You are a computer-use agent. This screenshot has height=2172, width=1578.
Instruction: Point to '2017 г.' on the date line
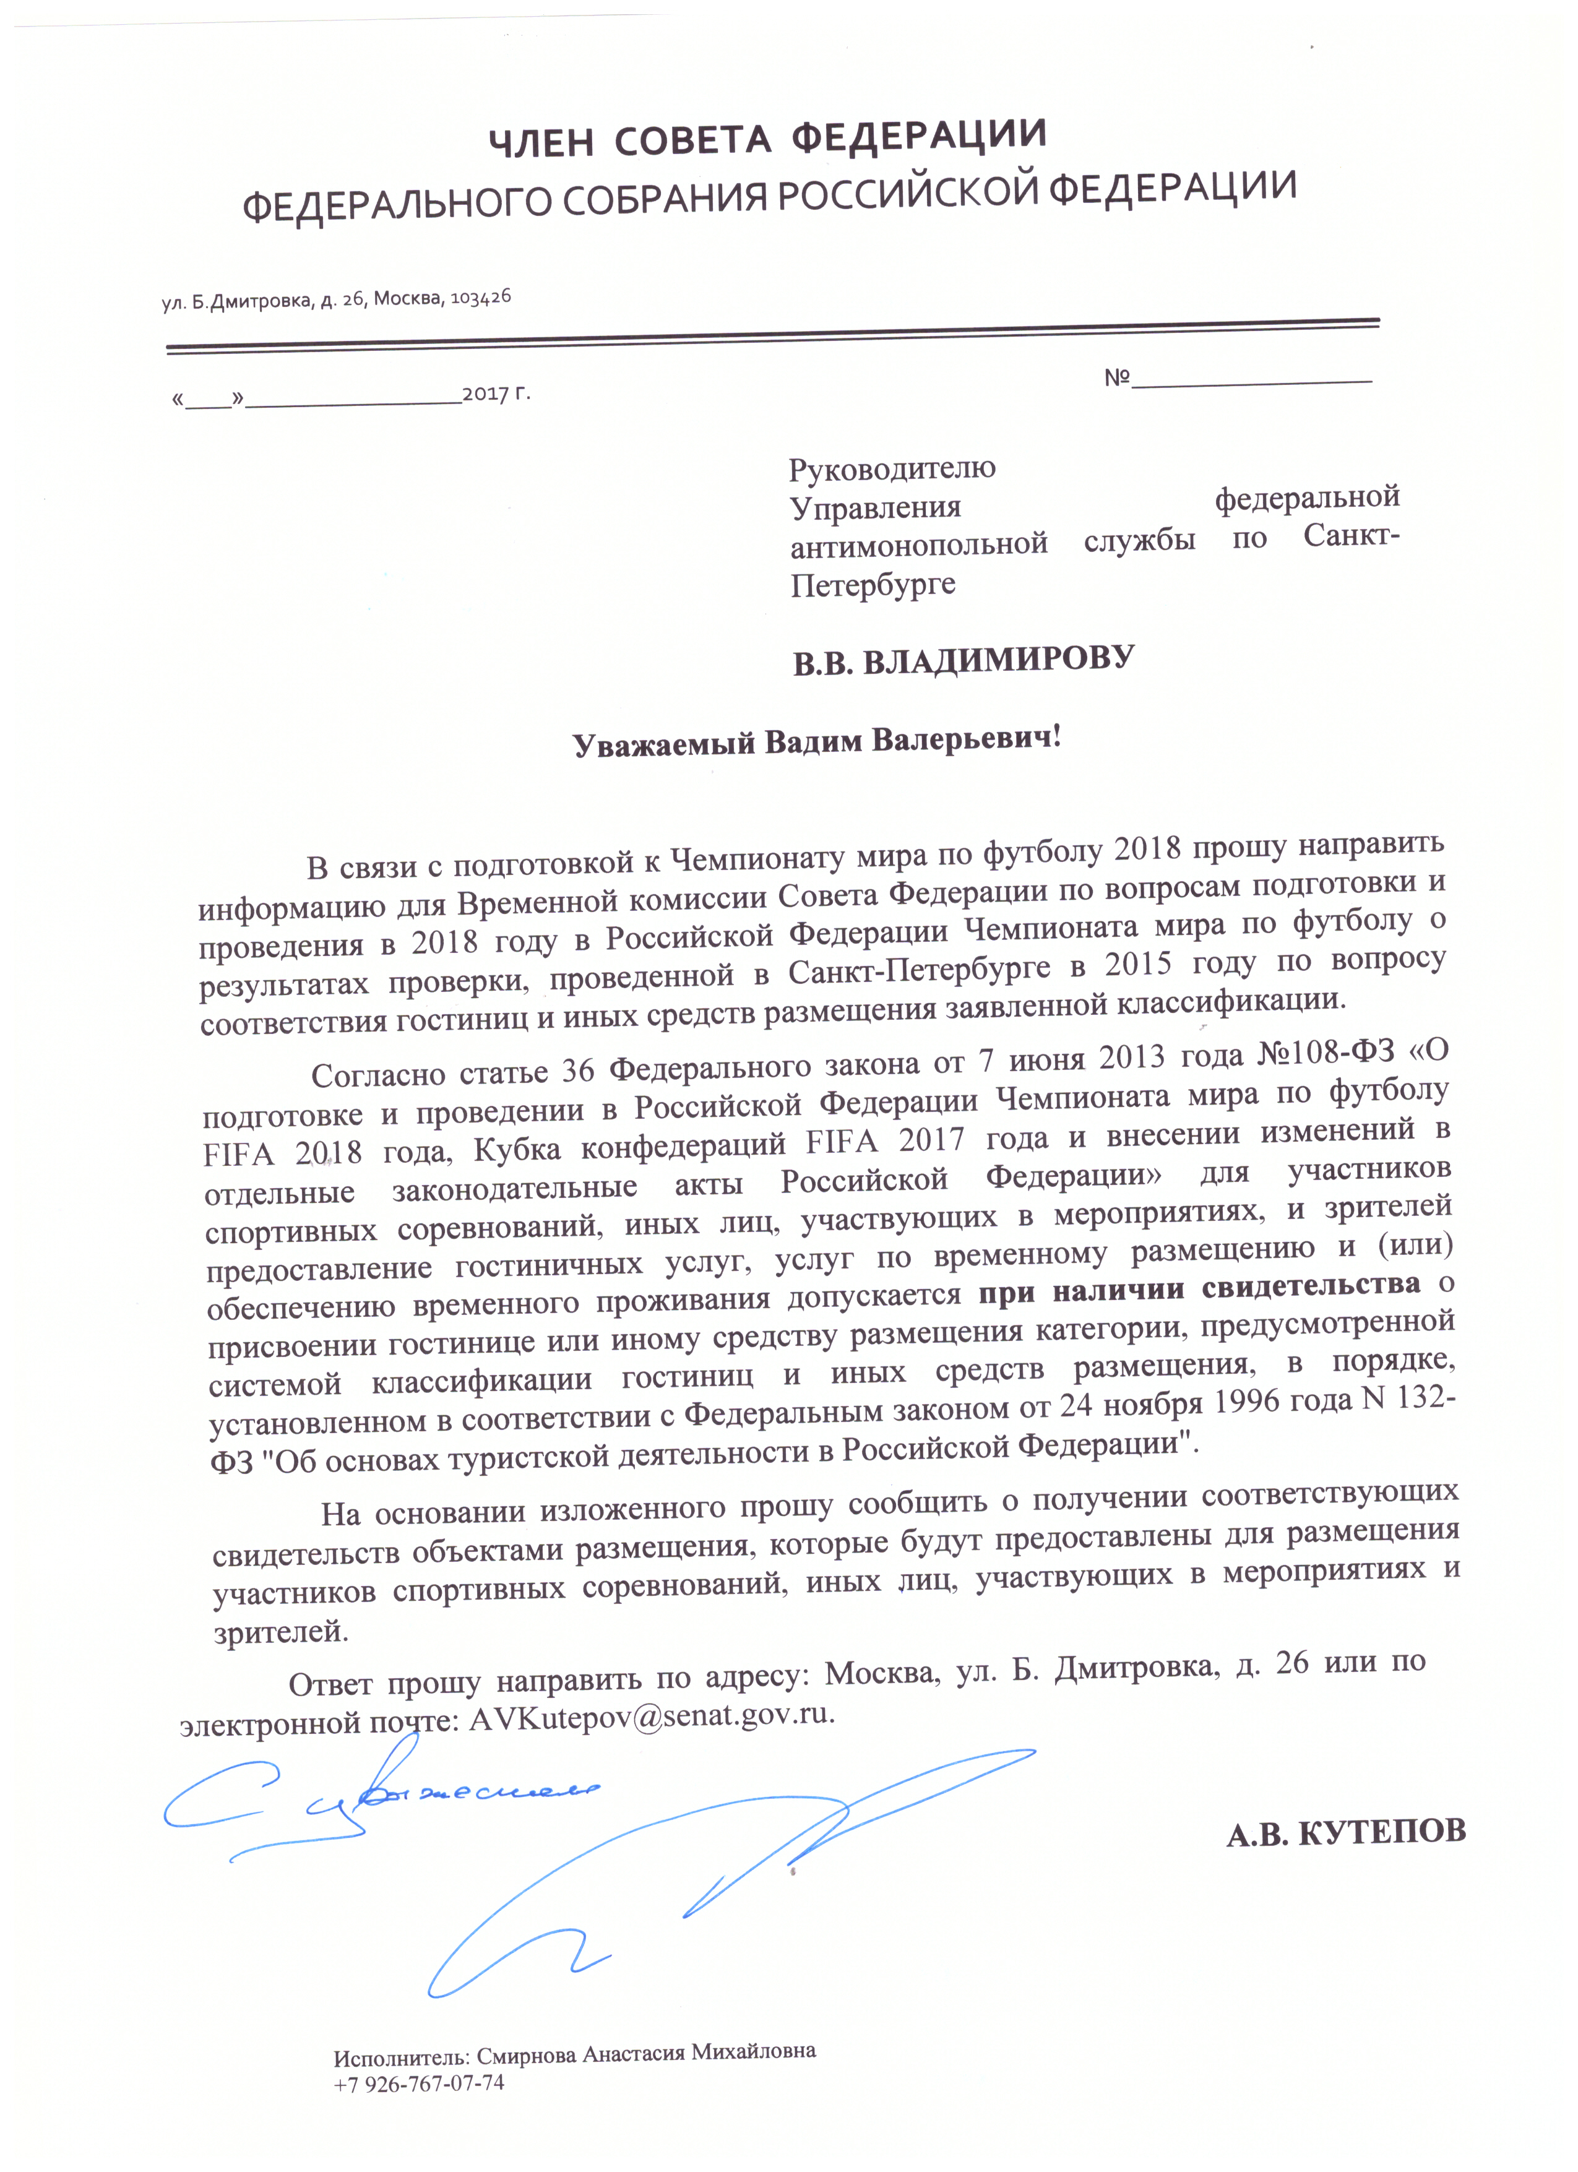pyautogui.click(x=496, y=393)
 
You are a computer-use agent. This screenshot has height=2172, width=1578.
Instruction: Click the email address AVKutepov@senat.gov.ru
pyautogui.click(x=651, y=1716)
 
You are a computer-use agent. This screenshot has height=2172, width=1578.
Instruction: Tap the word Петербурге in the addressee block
pyautogui.click(x=873, y=584)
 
